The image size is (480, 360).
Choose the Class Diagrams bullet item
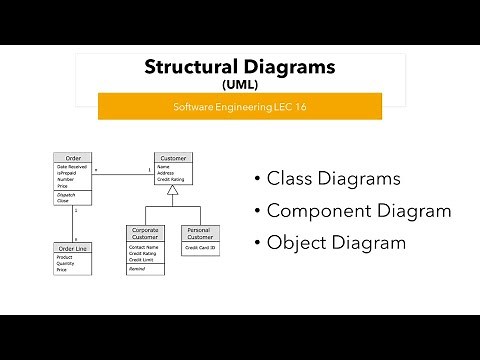point(332,179)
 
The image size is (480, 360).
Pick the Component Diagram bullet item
point(358,211)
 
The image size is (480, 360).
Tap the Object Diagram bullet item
point(336,242)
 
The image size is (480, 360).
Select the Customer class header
point(174,158)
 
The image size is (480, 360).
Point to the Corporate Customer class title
point(145,232)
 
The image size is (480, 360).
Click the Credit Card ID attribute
point(198,246)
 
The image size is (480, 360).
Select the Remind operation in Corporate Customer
point(137,269)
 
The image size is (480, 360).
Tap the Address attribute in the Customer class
point(167,172)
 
